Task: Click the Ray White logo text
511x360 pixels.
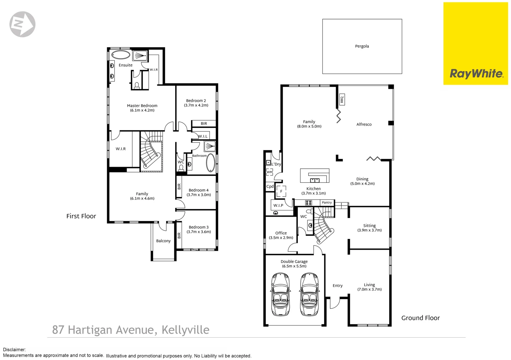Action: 476,74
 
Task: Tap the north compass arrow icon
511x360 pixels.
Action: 22,24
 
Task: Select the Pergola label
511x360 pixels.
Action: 362,46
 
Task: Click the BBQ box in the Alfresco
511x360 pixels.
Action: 342,99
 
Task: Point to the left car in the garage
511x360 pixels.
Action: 280,294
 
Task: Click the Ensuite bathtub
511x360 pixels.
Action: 121,55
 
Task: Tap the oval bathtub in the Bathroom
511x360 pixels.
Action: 211,163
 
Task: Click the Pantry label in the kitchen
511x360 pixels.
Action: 327,203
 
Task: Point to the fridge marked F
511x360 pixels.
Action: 281,191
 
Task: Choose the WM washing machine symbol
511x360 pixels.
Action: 270,172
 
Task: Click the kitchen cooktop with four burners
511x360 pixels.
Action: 309,203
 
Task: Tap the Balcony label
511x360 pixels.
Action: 163,241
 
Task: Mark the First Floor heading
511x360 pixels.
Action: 81,216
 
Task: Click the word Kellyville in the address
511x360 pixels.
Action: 185,330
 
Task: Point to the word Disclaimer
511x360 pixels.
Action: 14,350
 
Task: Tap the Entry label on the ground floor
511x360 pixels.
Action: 338,286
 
